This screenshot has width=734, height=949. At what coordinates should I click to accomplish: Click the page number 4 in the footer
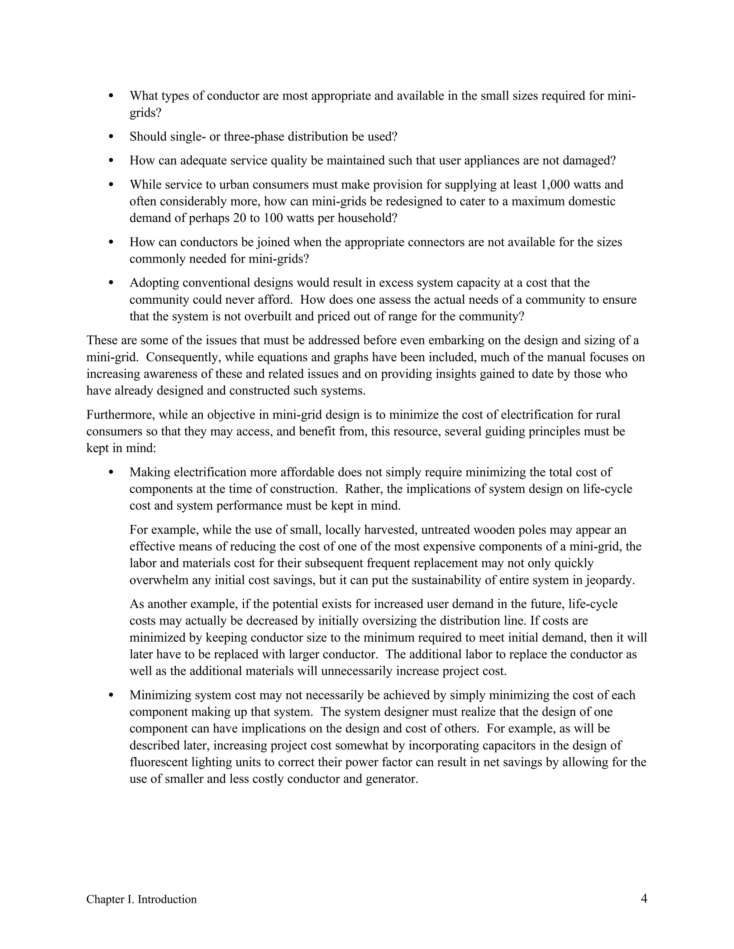click(x=644, y=898)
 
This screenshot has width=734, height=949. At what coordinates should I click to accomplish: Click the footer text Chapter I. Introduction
click(x=141, y=899)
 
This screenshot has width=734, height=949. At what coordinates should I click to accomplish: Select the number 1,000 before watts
click(x=555, y=185)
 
